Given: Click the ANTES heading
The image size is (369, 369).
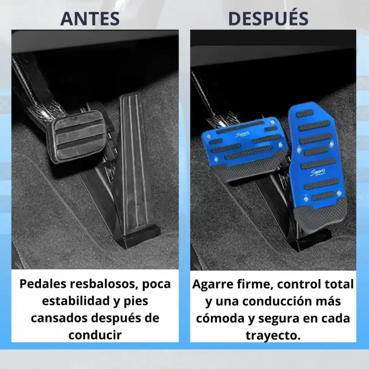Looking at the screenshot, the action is [90, 19].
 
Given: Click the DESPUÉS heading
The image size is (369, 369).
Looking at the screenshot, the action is [268, 18].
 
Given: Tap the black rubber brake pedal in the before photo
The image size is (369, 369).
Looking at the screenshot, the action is [76, 137].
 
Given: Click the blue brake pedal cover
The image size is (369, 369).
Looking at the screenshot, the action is [245, 148].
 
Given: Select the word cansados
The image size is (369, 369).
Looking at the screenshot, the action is [60, 318].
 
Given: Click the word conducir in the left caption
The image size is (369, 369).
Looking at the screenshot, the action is [95, 335].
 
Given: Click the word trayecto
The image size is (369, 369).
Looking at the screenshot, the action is [273, 335].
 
